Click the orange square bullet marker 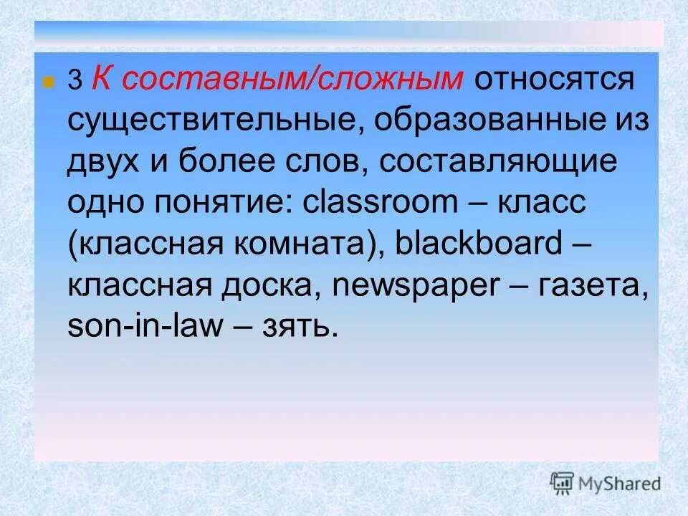[x=48, y=81]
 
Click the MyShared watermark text [x=621, y=484]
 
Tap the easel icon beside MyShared [x=563, y=484]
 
